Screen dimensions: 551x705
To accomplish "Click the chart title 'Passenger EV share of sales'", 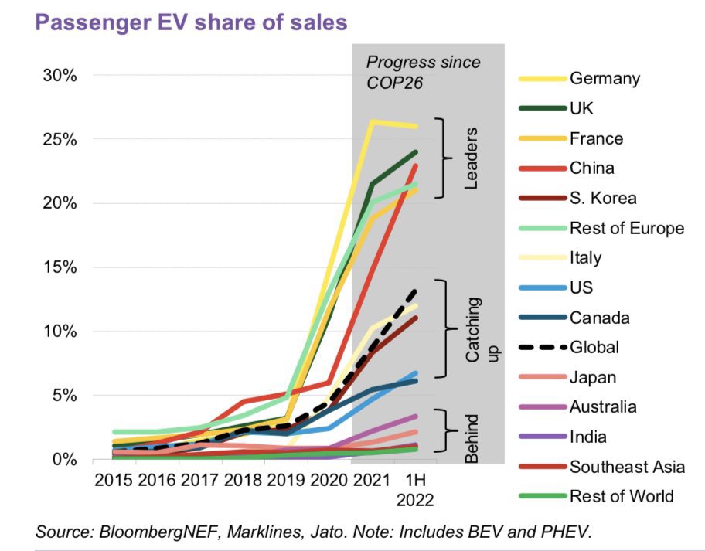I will [x=192, y=22].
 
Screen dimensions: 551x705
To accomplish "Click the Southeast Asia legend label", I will [x=627, y=467].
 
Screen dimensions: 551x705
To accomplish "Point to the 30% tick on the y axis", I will [x=59, y=76].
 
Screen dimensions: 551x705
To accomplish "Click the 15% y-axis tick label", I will [x=59, y=267].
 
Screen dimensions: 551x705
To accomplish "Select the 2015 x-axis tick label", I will [x=114, y=480].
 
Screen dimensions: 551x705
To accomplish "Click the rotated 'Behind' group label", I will [x=472, y=438].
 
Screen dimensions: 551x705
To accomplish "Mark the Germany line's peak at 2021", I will [x=373, y=121].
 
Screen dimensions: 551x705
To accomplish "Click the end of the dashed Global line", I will [x=417, y=291].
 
